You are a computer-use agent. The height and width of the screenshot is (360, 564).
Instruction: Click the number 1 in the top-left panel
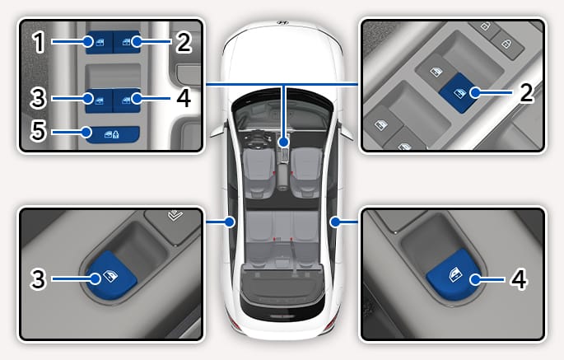(x=39, y=42)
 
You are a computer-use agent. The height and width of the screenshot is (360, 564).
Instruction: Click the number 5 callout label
(x=38, y=131)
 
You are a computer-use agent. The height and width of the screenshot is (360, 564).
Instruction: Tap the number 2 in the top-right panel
(x=527, y=92)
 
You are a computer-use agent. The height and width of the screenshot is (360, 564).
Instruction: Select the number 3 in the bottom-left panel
(x=38, y=279)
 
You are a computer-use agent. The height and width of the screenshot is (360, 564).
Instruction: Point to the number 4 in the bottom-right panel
(x=519, y=279)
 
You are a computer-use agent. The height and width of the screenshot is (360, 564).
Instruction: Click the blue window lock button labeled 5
(x=112, y=134)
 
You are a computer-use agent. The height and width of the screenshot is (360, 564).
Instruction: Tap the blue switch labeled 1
(x=99, y=43)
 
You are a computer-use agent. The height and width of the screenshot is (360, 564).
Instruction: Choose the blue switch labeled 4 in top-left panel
(x=127, y=100)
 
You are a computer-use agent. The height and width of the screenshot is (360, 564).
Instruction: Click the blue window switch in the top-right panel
(x=459, y=93)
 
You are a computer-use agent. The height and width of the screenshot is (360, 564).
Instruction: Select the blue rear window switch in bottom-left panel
(x=110, y=275)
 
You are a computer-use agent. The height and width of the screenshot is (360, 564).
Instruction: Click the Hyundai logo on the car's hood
(x=282, y=23)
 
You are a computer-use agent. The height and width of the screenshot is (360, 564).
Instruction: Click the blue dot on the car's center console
(x=284, y=143)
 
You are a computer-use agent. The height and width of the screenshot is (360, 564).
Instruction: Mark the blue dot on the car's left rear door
(x=230, y=222)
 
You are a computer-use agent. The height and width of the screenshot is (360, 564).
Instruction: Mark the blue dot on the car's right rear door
(x=335, y=222)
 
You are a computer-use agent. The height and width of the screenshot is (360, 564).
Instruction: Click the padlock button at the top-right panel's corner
(x=508, y=44)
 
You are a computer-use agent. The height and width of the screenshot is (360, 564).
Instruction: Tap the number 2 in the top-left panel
(x=184, y=42)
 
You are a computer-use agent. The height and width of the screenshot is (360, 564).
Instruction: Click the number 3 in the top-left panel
(x=38, y=98)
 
